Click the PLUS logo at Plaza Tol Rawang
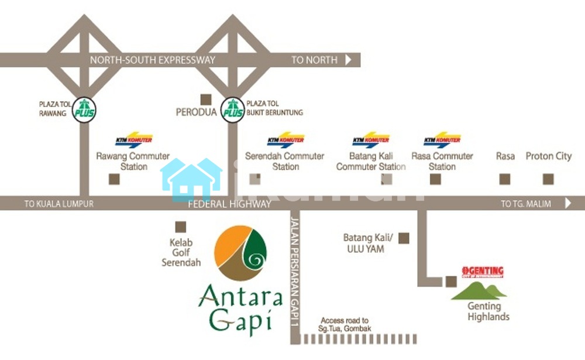coord(84,111)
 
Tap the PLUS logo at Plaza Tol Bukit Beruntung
coord(232,111)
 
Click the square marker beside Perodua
coord(205,100)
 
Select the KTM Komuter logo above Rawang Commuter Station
coord(134,140)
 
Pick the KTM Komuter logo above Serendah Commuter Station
coord(285,140)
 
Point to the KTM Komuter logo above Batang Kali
coord(371,140)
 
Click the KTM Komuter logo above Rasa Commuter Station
coord(442,140)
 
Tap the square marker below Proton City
coord(548,179)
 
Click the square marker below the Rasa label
coord(504,179)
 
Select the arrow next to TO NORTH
coord(349,60)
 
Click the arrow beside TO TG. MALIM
coord(567,204)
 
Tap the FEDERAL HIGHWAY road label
coord(229,204)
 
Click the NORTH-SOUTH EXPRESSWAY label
coord(153,60)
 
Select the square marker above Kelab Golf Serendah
coord(181,226)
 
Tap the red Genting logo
coord(483,272)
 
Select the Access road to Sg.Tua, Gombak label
coord(345,324)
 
